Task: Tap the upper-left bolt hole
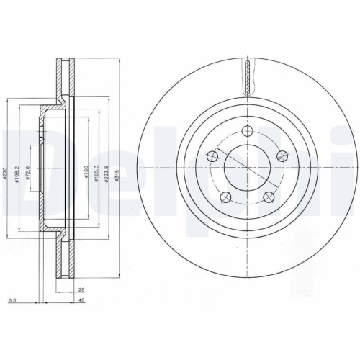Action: [x=212, y=155]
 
